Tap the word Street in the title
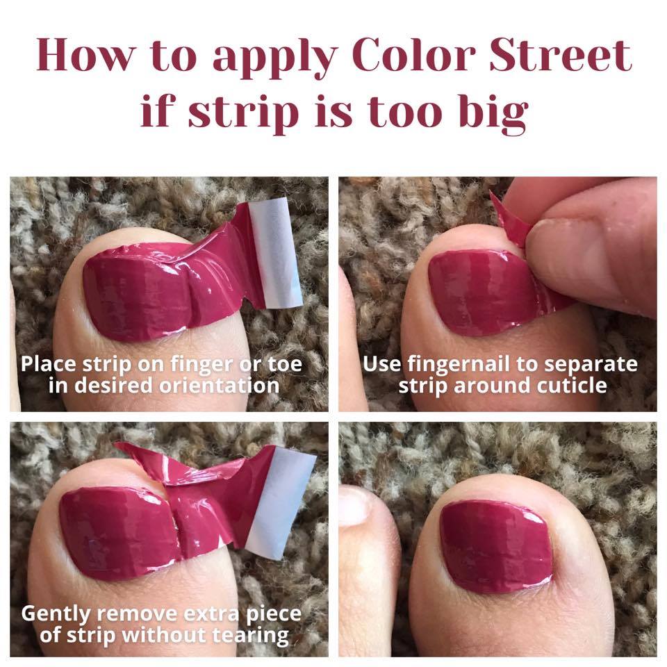pyautogui.click(x=561, y=56)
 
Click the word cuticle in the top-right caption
pyautogui.click(x=572, y=386)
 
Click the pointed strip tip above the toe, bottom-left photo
pyautogui.click(x=116, y=445)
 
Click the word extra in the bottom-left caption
pyautogui.click(x=211, y=614)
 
